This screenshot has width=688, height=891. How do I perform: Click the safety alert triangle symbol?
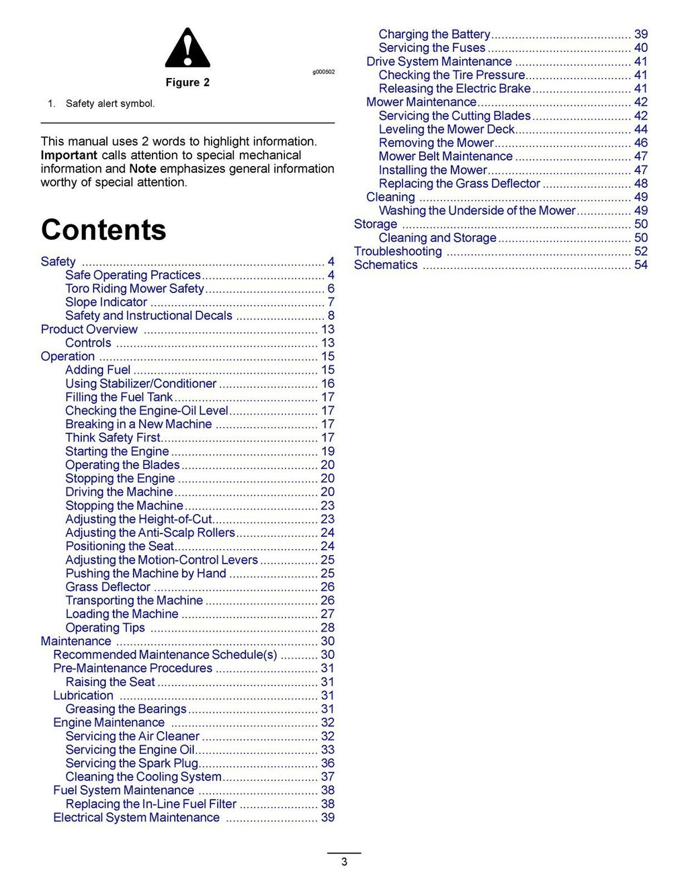tap(187, 48)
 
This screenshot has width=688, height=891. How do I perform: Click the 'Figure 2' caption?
tap(187, 83)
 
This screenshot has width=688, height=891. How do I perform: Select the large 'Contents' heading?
tap(103, 230)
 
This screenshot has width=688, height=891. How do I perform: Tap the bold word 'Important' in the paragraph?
tap(69, 155)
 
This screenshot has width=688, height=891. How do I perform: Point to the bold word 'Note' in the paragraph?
tap(142, 169)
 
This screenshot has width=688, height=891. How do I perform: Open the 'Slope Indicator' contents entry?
tap(106, 302)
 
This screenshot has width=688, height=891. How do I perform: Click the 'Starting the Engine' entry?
tap(117, 452)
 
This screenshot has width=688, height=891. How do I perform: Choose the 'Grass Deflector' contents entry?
tap(107, 587)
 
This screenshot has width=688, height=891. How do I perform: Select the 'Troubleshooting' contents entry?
tap(398, 251)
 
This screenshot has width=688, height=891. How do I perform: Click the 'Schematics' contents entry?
tap(386, 265)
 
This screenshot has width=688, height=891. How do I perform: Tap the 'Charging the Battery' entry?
tap(434, 34)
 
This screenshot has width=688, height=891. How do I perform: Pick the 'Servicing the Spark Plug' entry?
tap(132, 763)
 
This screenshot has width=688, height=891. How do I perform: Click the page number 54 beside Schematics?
tap(641, 265)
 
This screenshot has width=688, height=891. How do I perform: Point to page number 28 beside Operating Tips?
tap(327, 628)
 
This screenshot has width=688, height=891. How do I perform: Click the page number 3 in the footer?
tap(344, 862)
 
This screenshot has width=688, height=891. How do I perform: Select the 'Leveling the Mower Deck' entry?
tap(447, 129)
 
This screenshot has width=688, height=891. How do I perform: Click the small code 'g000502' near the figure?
tap(323, 72)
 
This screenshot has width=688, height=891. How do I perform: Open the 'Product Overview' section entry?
tap(89, 329)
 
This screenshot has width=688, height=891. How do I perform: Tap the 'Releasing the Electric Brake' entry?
tap(455, 89)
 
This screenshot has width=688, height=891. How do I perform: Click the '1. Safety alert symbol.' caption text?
tap(101, 103)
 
